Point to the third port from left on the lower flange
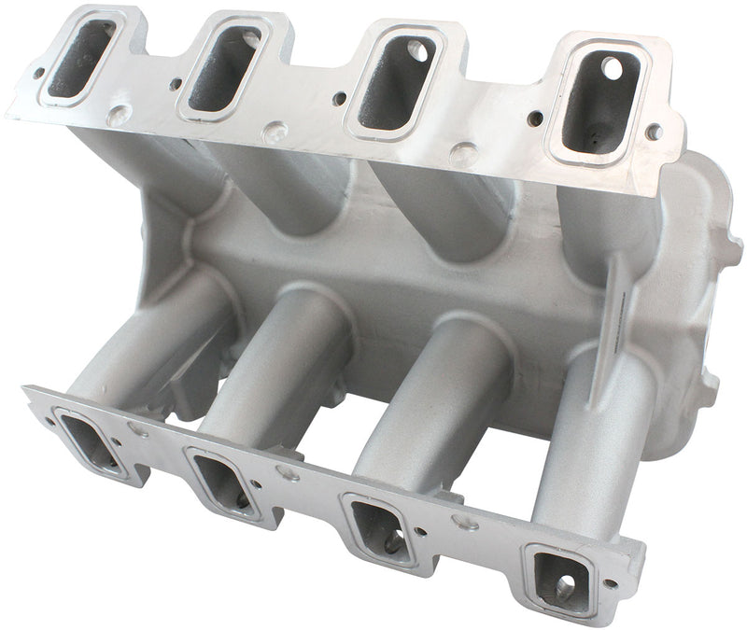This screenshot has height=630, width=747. [x=378, y=526]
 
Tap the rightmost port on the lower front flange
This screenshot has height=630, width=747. [x=558, y=577]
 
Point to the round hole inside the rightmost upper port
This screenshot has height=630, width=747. [x=611, y=68]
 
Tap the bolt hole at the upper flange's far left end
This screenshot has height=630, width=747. [x=39, y=71]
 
